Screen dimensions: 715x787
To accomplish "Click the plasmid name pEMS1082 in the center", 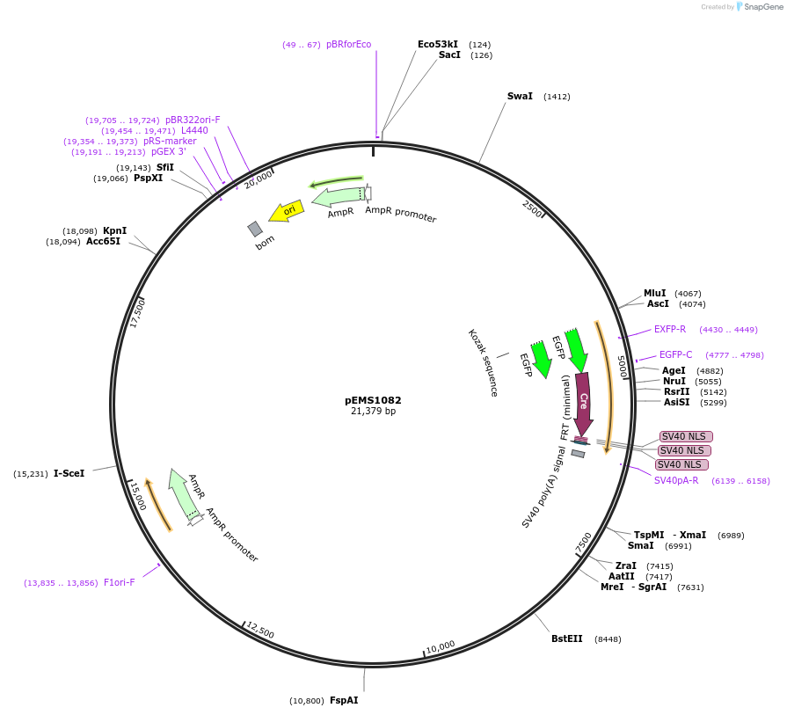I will click(x=373, y=400).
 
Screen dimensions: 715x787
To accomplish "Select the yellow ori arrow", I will click(x=287, y=211).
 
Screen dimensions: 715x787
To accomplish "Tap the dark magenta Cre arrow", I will click(x=583, y=403).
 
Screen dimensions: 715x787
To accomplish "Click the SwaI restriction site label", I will click(x=520, y=96).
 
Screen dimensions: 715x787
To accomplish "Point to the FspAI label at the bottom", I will click(x=344, y=700).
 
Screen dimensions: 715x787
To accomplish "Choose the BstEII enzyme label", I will click(x=566, y=638).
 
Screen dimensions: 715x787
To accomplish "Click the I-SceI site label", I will click(x=69, y=473).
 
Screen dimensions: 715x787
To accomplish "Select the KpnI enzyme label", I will click(x=114, y=230).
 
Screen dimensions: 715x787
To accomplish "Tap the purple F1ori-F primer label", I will click(x=120, y=582).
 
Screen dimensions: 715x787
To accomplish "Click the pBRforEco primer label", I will click(x=348, y=44).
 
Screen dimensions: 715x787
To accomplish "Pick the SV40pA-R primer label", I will click(x=676, y=480).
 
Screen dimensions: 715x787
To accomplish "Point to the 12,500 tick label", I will click(x=260, y=631).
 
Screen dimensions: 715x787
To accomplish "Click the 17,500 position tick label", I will click(x=137, y=312).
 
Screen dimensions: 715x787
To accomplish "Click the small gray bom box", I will click(x=255, y=229).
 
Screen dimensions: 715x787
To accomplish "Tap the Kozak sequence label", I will click(x=483, y=362).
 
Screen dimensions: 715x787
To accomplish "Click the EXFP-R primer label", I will click(x=670, y=329).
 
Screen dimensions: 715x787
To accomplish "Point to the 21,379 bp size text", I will click(x=373, y=411).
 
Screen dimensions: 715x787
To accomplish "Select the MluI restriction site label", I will click(x=654, y=293).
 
